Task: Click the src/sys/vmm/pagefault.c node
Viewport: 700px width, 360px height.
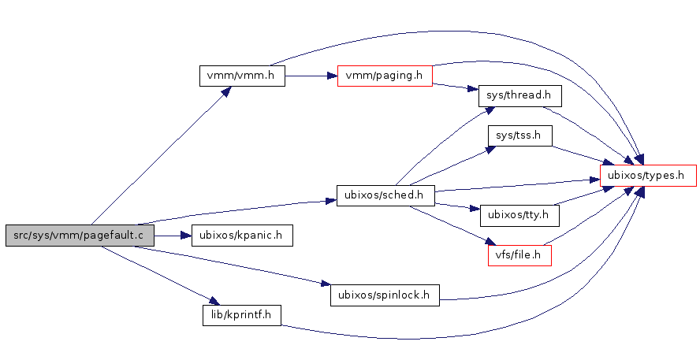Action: tap(79, 235)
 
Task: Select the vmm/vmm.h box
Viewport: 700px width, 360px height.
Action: tap(240, 76)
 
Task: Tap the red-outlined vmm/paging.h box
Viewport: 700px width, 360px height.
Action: tap(385, 76)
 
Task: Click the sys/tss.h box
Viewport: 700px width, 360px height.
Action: tap(519, 135)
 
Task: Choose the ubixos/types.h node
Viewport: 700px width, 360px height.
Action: tap(648, 175)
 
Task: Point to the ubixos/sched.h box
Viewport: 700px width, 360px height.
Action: tap(385, 195)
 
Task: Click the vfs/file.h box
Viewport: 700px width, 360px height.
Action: tap(519, 255)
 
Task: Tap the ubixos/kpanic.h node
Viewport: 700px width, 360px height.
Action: tap(242, 235)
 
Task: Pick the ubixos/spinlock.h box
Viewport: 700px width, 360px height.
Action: tap(384, 295)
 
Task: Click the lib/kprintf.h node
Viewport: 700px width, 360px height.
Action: tap(242, 315)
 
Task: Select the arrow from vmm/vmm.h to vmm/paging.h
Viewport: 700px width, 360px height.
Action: tap(311, 76)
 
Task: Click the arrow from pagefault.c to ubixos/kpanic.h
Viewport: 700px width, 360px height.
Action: tap(173, 235)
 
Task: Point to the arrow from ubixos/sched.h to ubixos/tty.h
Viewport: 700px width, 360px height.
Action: tap(458, 207)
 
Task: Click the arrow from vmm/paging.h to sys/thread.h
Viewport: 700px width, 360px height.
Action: tap(456, 87)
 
